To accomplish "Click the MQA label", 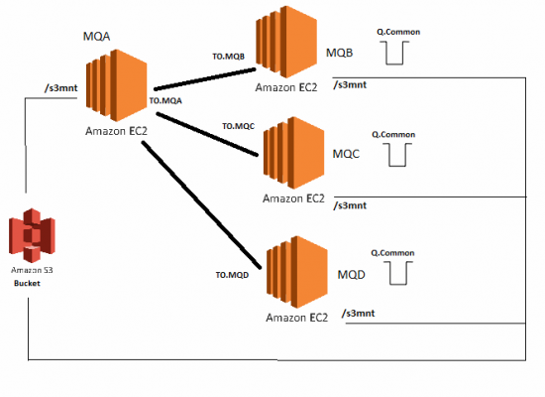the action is (x=96, y=36).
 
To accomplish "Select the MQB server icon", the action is (x=286, y=42).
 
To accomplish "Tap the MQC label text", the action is (x=346, y=154).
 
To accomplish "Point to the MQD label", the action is (x=351, y=274).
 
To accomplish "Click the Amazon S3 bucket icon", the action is (x=32, y=235).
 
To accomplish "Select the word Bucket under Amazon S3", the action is (x=27, y=283).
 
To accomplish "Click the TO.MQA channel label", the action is (x=165, y=100).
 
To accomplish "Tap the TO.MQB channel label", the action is (x=228, y=56).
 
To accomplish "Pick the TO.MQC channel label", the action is (x=239, y=126).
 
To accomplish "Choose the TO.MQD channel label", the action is (x=232, y=275).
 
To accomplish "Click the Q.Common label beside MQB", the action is (x=398, y=32).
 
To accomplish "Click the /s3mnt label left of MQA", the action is (x=60, y=87).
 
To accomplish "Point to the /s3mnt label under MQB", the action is (x=350, y=84).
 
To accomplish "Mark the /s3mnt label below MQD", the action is (x=358, y=313).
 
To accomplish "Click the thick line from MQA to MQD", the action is (x=201, y=204).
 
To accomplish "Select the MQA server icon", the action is (x=117, y=85).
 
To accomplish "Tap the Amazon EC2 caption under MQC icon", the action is (x=293, y=198).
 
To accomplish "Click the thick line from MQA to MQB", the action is (x=205, y=79).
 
